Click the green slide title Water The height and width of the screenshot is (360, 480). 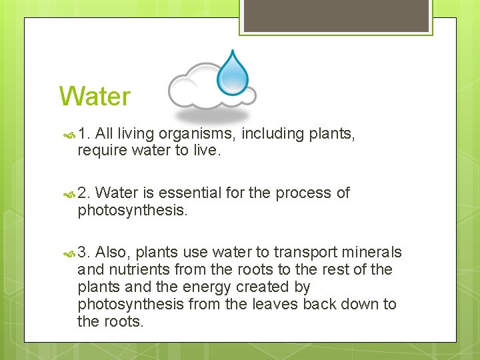pos(95,97)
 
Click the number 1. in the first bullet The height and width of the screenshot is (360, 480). pos(85,134)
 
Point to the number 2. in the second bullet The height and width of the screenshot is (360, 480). pos(85,193)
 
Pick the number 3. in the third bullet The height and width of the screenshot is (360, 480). pos(85,253)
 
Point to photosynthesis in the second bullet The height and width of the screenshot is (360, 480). pos(131,211)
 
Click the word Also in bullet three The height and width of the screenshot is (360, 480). pos(114,253)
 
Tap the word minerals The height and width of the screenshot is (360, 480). pos(372,253)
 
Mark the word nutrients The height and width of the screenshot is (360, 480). pos(138,269)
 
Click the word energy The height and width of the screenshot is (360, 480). pos(197,287)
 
